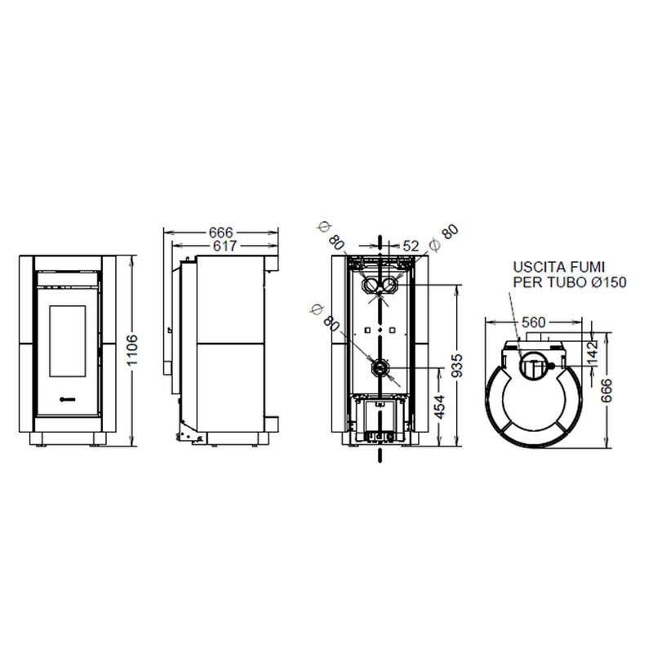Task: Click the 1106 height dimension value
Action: point(132,350)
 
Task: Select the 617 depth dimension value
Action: point(225,247)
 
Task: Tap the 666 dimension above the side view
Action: point(221,232)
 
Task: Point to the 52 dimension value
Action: point(411,247)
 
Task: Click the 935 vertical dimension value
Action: point(457,366)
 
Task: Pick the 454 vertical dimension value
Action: point(439,406)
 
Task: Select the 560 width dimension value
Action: point(533,322)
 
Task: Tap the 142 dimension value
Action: point(592,353)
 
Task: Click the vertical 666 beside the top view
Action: point(606,390)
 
